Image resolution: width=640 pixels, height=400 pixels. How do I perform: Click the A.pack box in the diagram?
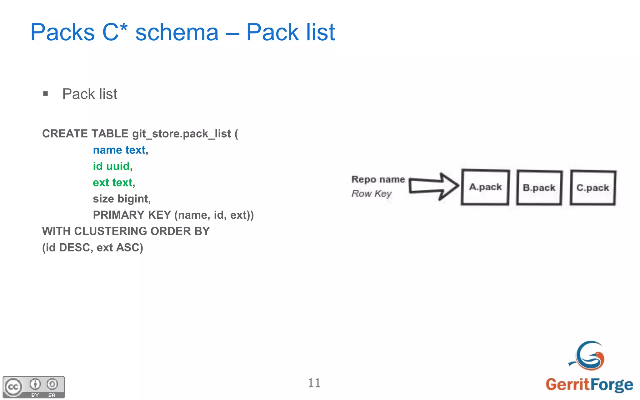pos(485,187)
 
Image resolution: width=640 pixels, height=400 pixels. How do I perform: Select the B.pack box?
pos(539,188)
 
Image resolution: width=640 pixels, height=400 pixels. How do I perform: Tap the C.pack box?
pos(593,188)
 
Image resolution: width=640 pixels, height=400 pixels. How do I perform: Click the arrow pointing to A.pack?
pos(434,186)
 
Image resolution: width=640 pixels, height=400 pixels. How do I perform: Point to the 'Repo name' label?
pos(378,179)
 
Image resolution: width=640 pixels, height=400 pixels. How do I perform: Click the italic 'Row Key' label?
pos(371,194)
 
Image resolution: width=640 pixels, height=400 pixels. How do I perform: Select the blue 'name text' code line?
pos(119,150)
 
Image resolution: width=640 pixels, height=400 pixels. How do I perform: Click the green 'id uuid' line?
pos(111,166)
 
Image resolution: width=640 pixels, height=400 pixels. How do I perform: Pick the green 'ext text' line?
pos(112,183)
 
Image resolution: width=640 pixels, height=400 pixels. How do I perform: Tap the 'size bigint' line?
pos(121,199)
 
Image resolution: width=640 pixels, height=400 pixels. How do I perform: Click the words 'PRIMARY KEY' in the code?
pos(132,215)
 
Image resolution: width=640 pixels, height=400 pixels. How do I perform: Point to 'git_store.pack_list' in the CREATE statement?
pos(181,134)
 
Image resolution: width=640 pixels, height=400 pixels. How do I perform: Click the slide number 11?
pos(314,383)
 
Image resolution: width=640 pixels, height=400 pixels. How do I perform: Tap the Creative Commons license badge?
pos(34,387)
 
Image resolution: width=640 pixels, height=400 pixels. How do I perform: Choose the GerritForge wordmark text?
pos(589,385)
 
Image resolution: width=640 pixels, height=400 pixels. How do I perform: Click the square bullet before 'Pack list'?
pos(46,94)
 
